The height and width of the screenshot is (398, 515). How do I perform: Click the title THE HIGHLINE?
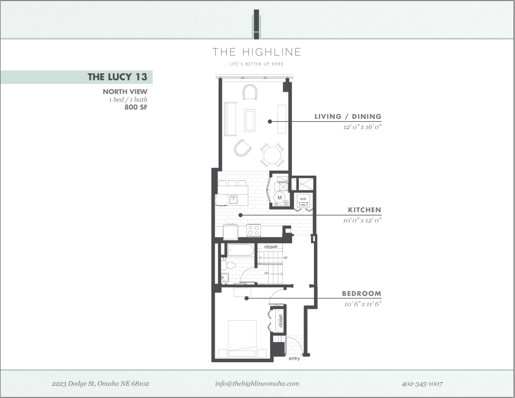[x=257, y=52]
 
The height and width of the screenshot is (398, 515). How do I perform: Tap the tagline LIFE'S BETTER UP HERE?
[x=257, y=64]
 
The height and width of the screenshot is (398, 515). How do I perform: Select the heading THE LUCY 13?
[x=117, y=77]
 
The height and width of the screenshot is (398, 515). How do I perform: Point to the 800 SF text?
[x=136, y=107]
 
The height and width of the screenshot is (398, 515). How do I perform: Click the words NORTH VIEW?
[x=125, y=91]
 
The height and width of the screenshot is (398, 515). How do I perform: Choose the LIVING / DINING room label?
[x=347, y=116]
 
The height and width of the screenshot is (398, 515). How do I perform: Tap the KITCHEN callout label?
[x=364, y=210]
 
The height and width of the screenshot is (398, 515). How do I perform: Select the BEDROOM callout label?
[x=361, y=294]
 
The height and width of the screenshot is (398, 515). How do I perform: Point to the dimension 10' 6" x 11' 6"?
[x=362, y=304]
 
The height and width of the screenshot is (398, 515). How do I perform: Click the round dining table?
[x=272, y=156]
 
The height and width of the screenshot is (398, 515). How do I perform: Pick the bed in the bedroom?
[x=242, y=338]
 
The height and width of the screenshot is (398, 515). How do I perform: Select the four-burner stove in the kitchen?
[x=254, y=230]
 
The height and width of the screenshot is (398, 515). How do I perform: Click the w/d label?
[x=303, y=199]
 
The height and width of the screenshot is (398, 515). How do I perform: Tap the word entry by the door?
[x=294, y=359]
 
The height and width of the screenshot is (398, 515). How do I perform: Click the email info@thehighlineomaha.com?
[x=257, y=383]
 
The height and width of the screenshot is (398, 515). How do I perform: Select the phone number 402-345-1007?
[x=422, y=383]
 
